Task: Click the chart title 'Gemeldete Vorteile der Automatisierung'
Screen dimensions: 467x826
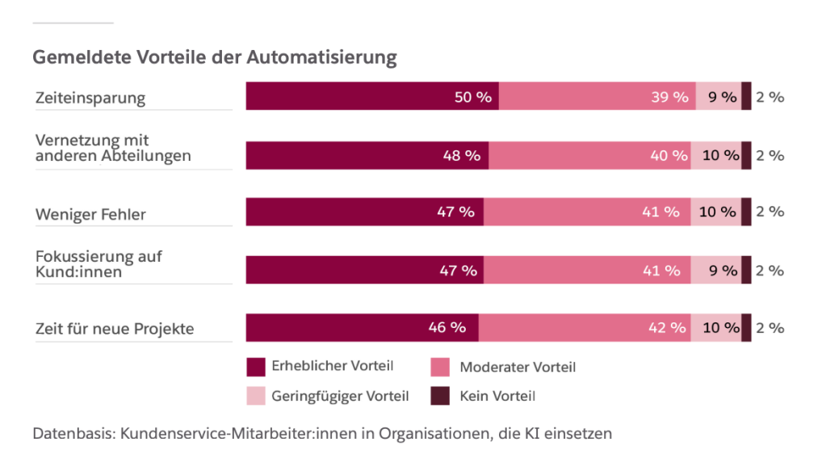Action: tap(215, 58)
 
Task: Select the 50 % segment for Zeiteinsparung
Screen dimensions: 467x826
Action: tap(372, 96)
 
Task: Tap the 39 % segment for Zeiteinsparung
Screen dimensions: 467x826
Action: tap(597, 96)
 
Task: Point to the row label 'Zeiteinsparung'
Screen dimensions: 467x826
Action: tap(90, 98)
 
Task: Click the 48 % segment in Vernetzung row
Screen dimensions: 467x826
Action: tap(367, 155)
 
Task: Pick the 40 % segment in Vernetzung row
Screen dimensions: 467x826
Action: tap(589, 155)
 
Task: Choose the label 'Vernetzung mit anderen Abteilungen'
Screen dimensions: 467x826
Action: tap(113, 148)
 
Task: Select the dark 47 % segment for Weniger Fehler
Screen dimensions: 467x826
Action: tap(365, 212)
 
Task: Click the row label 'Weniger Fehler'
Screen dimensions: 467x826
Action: tap(90, 214)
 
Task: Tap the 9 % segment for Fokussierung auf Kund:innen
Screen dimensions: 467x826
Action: tap(716, 271)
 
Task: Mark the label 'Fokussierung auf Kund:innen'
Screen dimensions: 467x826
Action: tap(99, 263)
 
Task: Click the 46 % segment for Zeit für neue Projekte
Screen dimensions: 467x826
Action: tap(363, 328)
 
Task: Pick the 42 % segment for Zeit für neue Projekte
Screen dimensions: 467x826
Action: tap(585, 328)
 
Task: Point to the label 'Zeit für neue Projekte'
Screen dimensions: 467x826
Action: tap(115, 329)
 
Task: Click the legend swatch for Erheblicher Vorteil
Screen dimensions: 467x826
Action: tap(256, 367)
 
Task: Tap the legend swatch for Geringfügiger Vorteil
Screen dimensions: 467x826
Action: tap(256, 396)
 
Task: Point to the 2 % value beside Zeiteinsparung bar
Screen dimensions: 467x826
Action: tap(770, 97)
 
